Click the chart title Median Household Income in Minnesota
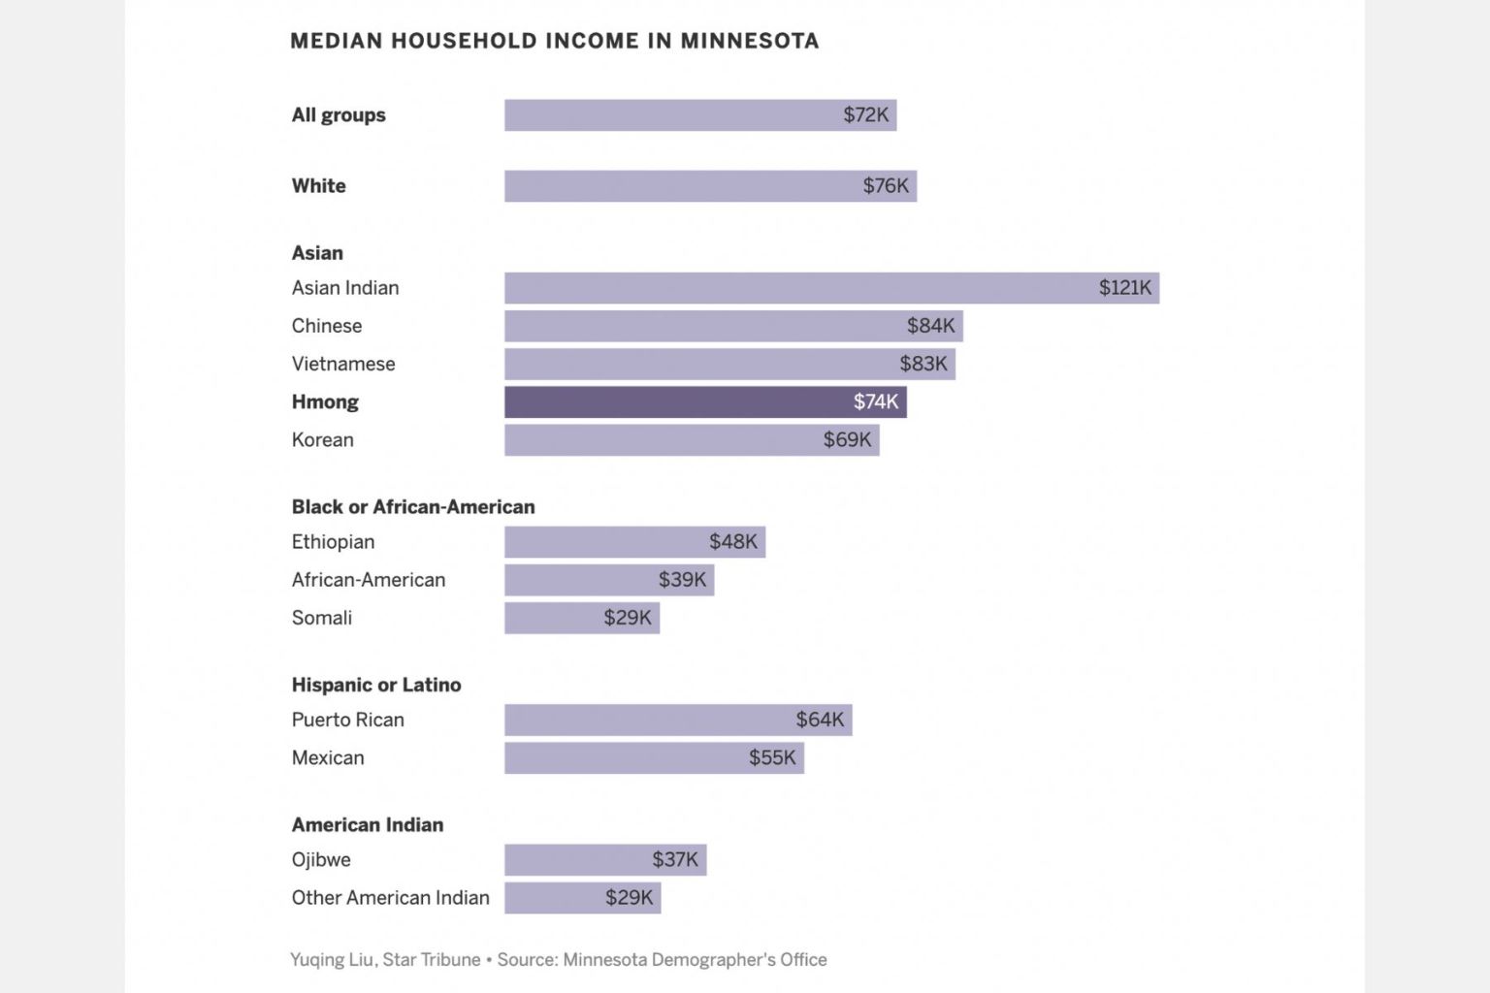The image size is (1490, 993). pyautogui.click(x=554, y=41)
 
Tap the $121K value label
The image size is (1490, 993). pyautogui.click(x=1124, y=288)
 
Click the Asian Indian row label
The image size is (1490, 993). pyautogui.click(x=345, y=288)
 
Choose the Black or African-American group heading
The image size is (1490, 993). pyautogui.click(x=413, y=507)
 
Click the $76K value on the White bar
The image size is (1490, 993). pyautogui.click(x=886, y=186)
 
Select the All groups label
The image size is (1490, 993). pyautogui.click(x=339, y=115)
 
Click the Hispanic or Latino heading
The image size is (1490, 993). pyautogui.click(x=376, y=685)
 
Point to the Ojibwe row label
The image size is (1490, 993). pyautogui.click(x=321, y=860)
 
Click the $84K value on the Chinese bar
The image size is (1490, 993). pyautogui.click(x=930, y=326)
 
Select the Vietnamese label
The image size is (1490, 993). pyautogui.click(x=343, y=365)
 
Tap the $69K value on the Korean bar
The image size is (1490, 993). pyautogui.click(x=847, y=440)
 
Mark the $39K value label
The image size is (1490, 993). pyautogui.click(x=682, y=580)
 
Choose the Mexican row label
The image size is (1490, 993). pyautogui.click(x=328, y=758)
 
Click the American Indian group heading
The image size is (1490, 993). pyautogui.click(x=368, y=825)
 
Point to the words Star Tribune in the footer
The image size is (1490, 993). pyautogui.click(x=432, y=960)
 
